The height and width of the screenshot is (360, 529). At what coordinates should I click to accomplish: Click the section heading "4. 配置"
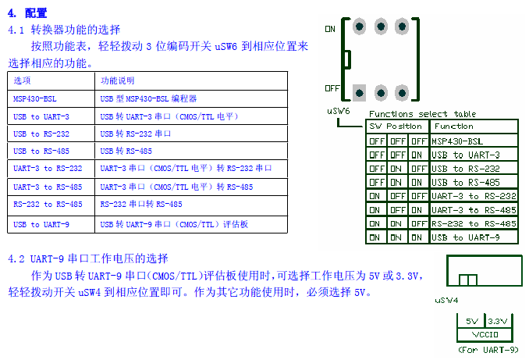(27, 12)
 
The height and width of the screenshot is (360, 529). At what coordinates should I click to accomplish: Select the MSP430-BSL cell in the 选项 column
(35, 99)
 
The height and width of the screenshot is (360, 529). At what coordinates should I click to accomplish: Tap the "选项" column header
(23, 80)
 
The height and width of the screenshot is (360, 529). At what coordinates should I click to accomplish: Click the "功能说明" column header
(118, 80)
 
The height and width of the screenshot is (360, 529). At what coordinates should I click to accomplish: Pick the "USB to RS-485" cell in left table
(37, 151)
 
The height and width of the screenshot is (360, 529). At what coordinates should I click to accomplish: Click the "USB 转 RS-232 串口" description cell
(135, 134)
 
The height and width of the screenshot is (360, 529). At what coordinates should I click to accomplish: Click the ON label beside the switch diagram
(329, 29)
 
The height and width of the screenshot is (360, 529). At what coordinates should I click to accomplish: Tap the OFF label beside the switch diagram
(332, 88)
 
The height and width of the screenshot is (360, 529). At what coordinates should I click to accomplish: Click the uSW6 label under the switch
(338, 111)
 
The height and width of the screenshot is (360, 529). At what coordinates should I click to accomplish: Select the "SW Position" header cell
(396, 127)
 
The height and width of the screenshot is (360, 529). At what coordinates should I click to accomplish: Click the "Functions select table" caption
(432, 114)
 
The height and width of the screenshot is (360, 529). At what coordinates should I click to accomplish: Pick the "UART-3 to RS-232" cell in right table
(473, 196)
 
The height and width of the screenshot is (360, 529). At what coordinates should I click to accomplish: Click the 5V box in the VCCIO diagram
(471, 321)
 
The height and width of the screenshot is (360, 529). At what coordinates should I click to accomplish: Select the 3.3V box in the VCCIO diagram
(497, 321)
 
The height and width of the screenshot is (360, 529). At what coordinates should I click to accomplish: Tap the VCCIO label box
(485, 333)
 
